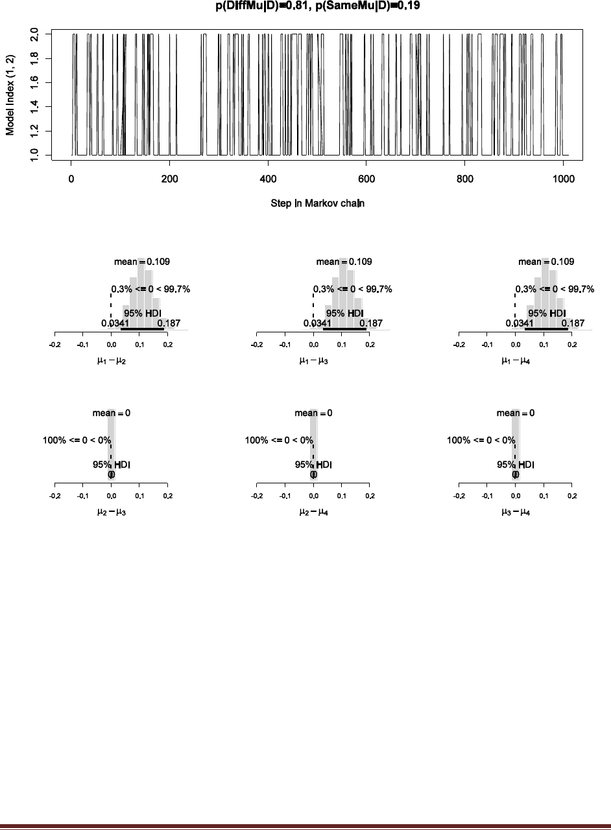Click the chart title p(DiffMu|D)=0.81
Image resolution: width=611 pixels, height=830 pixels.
[267, 8]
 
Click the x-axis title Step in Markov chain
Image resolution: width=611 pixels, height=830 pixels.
[318, 203]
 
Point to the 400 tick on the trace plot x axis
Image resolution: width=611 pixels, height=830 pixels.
[268, 179]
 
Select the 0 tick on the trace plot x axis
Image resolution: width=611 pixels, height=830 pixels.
[71, 179]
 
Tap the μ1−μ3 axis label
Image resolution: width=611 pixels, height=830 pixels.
[313, 360]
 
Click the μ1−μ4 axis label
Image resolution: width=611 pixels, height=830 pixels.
[516, 360]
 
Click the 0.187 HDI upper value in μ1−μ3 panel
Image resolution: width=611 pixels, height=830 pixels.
[371, 323]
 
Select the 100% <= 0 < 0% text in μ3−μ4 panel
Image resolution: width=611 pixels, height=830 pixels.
[481, 441]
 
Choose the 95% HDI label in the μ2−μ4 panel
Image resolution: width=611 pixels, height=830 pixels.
[314, 464]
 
